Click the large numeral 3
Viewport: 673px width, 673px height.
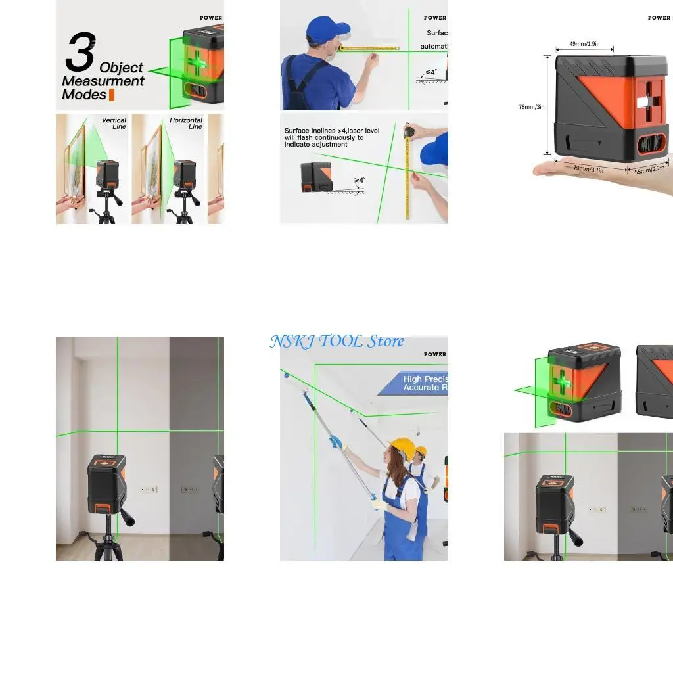point(80,53)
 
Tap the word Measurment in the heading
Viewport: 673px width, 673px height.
point(103,81)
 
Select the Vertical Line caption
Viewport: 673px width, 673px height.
point(114,124)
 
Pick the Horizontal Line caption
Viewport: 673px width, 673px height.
point(186,124)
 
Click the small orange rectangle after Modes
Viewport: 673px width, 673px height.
point(112,95)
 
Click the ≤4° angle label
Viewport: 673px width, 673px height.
point(431,72)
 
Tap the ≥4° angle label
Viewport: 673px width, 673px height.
point(360,179)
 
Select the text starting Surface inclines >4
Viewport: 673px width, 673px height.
point(331,137)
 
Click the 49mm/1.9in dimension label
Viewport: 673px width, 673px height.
point(584,43)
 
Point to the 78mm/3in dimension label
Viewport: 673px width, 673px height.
point(531,107)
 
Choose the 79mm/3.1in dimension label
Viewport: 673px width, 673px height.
point(589,168)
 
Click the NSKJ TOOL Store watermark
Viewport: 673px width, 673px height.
point(336,341)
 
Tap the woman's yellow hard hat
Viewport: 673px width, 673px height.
point(402,449)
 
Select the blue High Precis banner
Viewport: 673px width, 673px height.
point(414,383)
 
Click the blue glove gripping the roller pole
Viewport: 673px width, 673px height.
point(336,442)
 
